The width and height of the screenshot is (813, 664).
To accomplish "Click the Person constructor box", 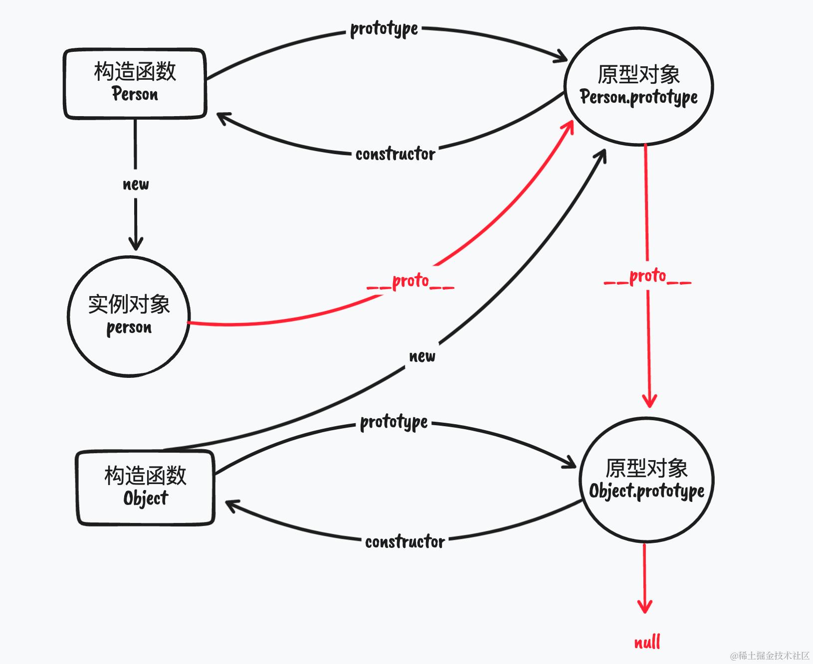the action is click(x=135, y=84).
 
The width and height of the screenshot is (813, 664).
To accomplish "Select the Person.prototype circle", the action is click(x=639, y=86).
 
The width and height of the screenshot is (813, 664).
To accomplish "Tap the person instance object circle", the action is click(x=129, y=316).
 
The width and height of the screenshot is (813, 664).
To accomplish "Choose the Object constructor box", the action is click(x=146, y=488).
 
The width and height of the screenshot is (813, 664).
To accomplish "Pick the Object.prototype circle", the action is click(x=647, y=480).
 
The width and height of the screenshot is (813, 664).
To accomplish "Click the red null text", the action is click(x=647, y=642).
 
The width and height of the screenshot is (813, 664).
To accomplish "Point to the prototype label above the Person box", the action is click(x=384, y=29).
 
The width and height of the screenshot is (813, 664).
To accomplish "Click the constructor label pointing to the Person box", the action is click(x=395, y=154).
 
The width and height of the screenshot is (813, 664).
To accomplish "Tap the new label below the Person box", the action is click(x=136, y=184).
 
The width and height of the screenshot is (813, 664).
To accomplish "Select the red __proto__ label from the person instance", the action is click(x=410, y=281).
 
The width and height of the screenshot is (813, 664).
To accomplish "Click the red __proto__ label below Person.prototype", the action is click(x=647, y=276).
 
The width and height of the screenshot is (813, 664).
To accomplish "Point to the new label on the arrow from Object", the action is click(x=422, y=356).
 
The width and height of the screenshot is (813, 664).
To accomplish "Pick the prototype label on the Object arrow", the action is click(x=394, y=423).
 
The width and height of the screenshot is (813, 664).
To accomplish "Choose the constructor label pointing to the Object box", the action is click(x=405, y=542).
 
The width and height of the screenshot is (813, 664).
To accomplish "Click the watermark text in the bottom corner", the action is click(x=770, y=655).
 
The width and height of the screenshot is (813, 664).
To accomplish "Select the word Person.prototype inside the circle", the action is click(x=639, y=98).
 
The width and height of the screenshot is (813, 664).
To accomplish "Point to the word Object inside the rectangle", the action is click(x=146, y=498).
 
